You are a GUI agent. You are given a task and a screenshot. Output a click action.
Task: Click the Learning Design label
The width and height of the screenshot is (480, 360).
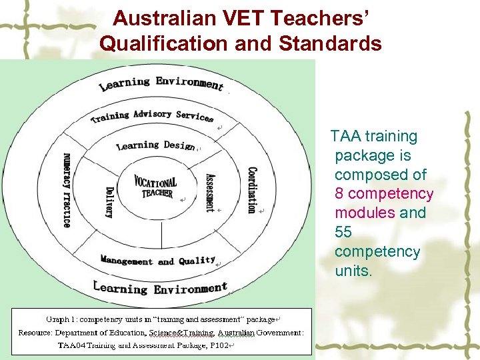click(x=155, y=145)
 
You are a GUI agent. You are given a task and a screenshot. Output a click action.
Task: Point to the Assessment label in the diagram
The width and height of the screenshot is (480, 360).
click(x=209, y=193)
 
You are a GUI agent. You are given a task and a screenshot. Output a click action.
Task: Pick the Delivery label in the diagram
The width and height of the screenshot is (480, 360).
click(x=109, y=202)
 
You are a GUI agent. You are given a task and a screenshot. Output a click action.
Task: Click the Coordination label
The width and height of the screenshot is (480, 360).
click(x=251, y=190)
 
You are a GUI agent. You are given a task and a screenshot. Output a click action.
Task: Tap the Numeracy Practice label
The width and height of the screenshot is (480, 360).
click(x=67, y=190)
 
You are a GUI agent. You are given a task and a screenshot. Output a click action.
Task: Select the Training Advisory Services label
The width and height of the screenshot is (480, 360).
click(x=152, y=116)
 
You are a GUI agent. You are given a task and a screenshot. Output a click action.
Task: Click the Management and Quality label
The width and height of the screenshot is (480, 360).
click(x=158, y=261)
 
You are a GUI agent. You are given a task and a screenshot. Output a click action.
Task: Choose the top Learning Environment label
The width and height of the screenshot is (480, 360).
click(x=161, y=83)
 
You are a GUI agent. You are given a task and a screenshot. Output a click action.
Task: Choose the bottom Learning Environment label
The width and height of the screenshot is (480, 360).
click(x=160, y=288)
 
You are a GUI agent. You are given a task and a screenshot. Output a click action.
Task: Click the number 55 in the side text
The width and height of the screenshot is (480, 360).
click(x=344, y=232)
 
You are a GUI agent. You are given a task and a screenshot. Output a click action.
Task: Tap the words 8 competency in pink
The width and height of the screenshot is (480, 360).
click(x=384, y=194)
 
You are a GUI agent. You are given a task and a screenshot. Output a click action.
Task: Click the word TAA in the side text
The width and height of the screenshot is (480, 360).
click(x=345, y=137)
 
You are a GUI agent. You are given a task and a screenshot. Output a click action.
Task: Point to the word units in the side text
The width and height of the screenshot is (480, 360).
click(x=353, y=271)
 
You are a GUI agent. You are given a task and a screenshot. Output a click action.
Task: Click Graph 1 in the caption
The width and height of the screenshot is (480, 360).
click(x=59, y=320)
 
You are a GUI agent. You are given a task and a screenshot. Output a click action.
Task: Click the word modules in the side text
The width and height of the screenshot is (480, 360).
click(x=364, y=213)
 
